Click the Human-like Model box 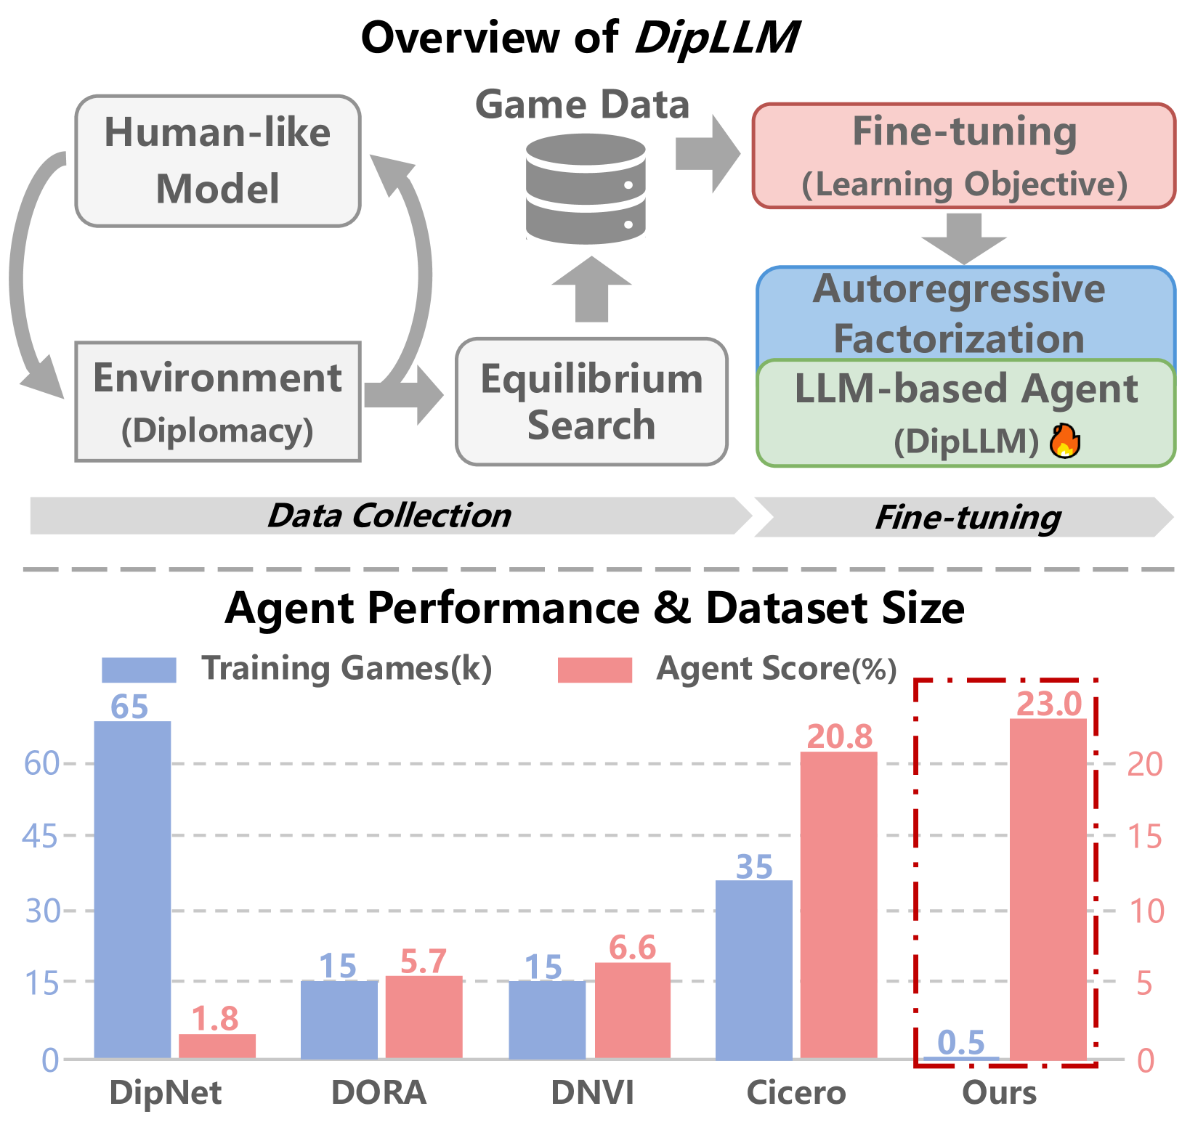(217, 160)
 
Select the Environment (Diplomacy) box (217, 401)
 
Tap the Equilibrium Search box (591, 401)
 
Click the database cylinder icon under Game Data (586, 189)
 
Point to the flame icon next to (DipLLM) (1065, 441)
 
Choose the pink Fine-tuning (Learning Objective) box (963, 155)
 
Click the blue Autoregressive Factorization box (965, 312)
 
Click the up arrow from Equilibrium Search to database (591, 290)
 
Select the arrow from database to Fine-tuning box (707, 154)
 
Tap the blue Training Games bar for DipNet (132, 889)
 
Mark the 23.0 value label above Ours (1048, 703)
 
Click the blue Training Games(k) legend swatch (139, 670)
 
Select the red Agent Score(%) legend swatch (594, 670)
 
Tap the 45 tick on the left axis (40, 837)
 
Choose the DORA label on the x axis (379, 1092)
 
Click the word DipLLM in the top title (717, 38)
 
